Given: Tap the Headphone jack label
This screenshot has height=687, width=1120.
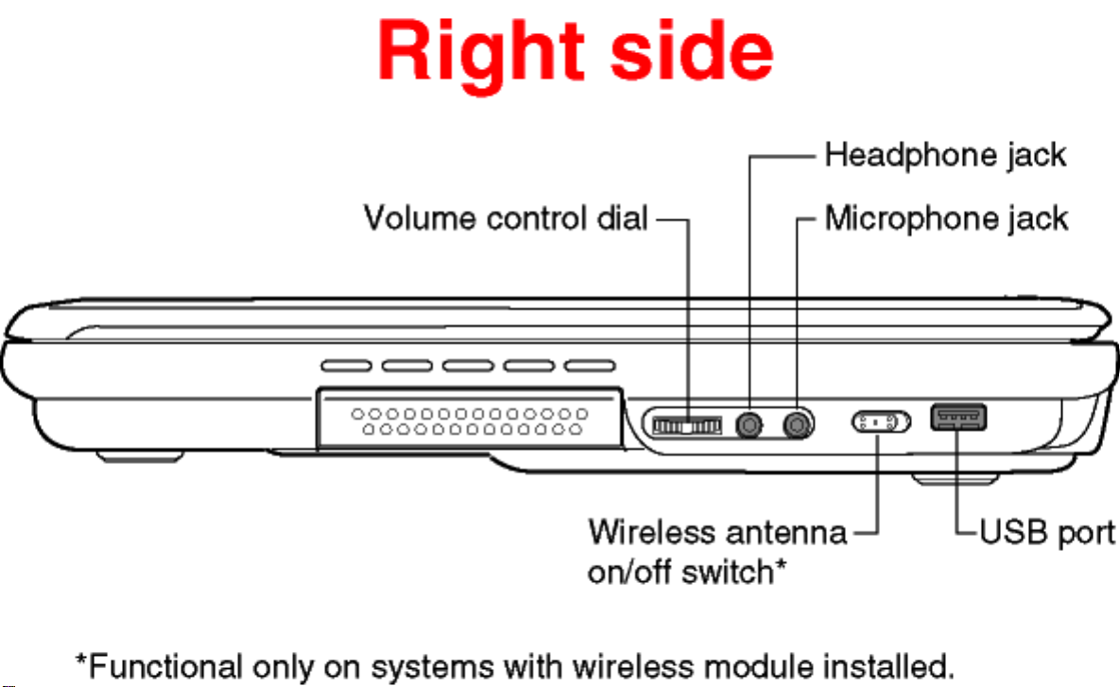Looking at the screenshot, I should coord(945,154).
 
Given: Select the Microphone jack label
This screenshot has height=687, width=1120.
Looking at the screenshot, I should coord(946,219).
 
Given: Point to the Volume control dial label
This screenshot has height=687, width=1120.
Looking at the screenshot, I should coord(507,219).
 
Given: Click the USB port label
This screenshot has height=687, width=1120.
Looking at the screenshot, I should coord(1047,532).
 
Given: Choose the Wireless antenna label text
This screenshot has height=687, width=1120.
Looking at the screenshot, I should coord(717,532).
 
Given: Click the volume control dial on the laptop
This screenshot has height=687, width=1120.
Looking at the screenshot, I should coord(687,425).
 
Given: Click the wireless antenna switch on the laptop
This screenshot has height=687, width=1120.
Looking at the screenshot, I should coord(881,421).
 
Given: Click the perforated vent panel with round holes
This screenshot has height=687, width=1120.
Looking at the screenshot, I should coord(470,420).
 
